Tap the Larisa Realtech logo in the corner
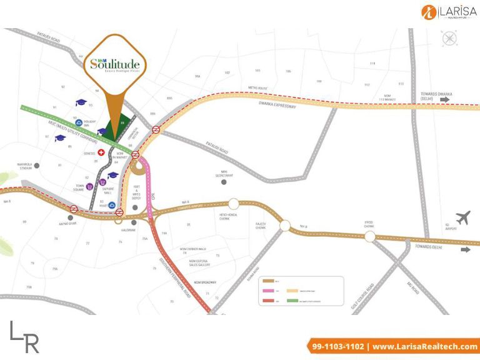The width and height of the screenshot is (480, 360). pyautogui.click(x=448, y=12)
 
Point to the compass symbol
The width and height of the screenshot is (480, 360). pyautogui.click(x=449, y=38)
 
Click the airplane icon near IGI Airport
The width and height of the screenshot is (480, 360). pyautogui.click(x=463, y=219)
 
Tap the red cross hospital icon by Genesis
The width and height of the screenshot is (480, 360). pyautogui.click(x=101, y=152)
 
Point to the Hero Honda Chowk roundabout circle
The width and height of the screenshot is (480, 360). pyautogui.click(x=234, y=204)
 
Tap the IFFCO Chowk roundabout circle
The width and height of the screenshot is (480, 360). pyautogui.click(x=370, y=236)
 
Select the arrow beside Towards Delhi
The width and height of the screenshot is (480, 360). pyautogui.click(x=466, y=249)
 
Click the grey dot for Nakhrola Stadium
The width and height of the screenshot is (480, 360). pyautogui.click(x=37, y=166)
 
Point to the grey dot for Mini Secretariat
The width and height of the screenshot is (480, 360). pyautogui.click(x=224, y=182)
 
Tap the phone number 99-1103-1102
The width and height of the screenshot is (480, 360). pyautogui.click(x=338, y=346)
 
